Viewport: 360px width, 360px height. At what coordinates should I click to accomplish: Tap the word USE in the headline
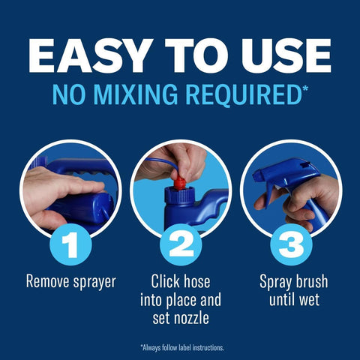(x=286, y=55)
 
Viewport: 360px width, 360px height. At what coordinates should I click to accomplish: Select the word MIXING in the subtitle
(x=135, y=94)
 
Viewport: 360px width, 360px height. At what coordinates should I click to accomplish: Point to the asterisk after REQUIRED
(x=305, y=88)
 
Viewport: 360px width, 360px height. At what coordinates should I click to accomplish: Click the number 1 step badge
(x=70, y=244)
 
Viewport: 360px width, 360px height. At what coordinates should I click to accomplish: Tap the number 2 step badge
(x=181, y=244)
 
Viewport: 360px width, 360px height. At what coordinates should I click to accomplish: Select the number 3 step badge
(x=291, y=244)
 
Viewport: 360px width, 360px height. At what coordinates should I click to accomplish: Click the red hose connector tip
(x=180, y=183)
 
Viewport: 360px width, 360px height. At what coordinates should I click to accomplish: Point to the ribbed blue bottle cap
(x=179, y=195)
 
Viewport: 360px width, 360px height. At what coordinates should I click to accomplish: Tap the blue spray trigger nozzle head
(x=285, y=172)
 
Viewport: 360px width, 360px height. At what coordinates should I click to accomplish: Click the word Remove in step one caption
(x=47, y=281)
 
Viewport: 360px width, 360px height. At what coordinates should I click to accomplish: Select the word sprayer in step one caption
(x=94, y=283)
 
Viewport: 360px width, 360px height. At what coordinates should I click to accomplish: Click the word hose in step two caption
(x=196, y=281)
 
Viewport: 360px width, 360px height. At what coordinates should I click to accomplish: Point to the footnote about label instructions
(x=182, y=348)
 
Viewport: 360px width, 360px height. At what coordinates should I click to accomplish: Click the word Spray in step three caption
(x=275, y=283)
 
